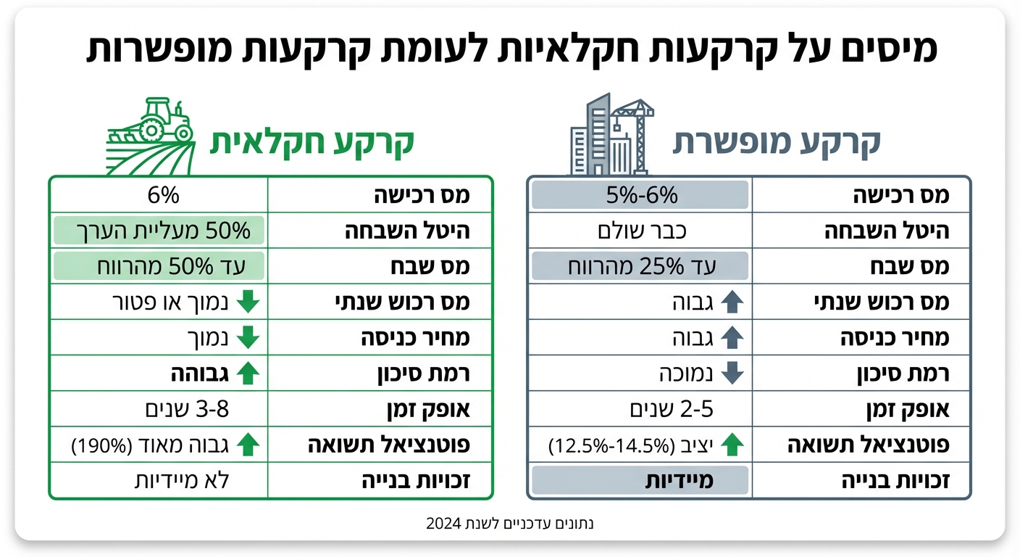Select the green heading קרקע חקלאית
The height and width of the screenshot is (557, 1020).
click(312, 142)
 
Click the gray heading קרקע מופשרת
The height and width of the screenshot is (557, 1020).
click(777, 142)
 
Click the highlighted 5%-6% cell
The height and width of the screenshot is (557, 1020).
click(641, 195)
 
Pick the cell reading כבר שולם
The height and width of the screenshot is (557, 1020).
click(641, 231)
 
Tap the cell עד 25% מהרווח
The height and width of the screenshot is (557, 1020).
click(641, 267)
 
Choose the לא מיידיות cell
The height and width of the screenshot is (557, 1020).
click(182, 481)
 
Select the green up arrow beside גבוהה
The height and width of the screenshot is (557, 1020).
click(248, 374)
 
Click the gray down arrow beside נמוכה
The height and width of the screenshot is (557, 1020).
click(733, 374)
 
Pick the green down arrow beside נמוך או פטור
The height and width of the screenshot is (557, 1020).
click(248, 302)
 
